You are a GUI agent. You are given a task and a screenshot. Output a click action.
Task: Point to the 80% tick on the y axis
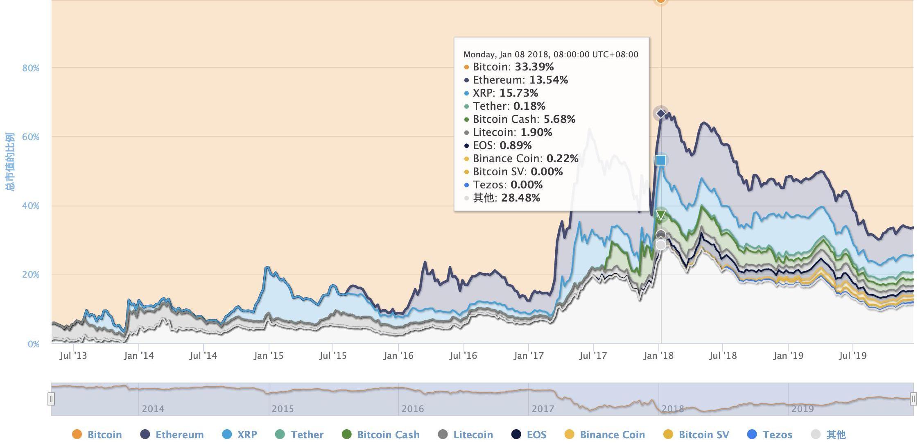coord(31,68)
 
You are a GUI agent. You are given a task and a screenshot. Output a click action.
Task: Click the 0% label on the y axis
coord(34,344)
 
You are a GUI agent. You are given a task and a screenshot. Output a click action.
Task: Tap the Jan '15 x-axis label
coord(269,356)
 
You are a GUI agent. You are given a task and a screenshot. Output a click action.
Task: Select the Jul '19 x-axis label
coord(852,356)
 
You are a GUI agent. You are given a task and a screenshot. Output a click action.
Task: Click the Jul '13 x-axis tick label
coord(73,356)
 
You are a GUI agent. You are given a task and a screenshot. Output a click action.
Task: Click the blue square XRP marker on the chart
coord(660,160)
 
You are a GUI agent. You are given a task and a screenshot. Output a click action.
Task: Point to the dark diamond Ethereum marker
coord(660,113)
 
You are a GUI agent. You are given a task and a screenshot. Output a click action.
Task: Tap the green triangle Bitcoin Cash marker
coord(660,214)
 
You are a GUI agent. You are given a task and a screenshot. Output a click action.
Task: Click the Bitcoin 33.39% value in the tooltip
coord(534,67)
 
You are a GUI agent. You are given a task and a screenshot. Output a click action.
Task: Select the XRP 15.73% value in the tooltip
coord(518,93)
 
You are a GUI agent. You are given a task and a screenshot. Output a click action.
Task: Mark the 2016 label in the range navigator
coord(412,409)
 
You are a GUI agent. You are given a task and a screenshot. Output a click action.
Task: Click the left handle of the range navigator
coord(51,399)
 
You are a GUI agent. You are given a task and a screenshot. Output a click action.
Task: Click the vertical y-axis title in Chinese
coord(10,162)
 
